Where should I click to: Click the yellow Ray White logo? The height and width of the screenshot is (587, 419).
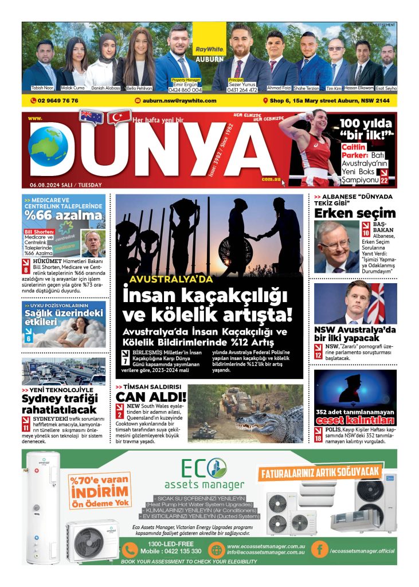209,42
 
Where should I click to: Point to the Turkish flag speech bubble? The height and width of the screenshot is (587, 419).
119,118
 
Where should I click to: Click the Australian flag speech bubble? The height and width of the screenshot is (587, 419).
90,116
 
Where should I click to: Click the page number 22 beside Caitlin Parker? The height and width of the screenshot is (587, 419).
384,181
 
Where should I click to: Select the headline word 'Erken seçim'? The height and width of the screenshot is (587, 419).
355,213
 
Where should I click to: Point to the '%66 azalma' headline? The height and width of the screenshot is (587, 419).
64,216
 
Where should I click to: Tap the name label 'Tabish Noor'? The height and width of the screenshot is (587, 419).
41,88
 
